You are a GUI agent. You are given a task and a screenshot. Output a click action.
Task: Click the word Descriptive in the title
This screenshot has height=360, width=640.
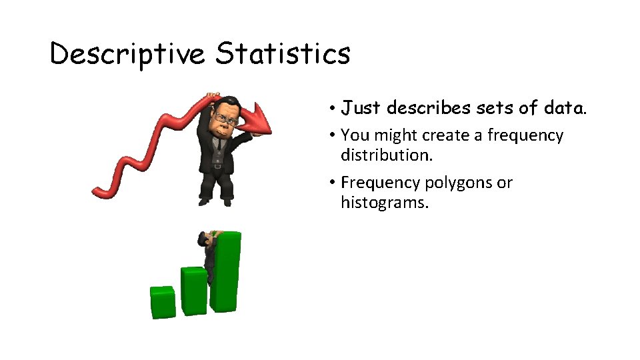point(127,54)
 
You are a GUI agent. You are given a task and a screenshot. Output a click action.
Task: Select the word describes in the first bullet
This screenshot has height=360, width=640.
point(426,107)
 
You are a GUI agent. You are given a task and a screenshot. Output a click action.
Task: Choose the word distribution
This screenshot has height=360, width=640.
point(387,155)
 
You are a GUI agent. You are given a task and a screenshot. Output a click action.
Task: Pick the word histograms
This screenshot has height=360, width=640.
point(385,203)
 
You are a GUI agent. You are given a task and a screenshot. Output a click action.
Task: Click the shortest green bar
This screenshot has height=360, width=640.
point(162,302)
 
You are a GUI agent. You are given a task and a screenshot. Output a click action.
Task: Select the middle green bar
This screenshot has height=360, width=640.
point(194,291)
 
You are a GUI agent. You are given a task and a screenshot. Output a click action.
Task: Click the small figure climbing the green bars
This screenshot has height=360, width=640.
point(208,257)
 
